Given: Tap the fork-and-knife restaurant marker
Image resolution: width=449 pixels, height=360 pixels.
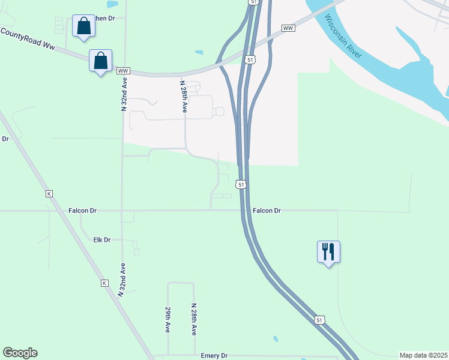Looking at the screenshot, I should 328,251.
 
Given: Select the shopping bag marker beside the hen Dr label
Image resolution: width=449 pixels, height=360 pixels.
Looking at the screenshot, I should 83,26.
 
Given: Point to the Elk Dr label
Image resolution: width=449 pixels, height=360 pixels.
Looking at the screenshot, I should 102,239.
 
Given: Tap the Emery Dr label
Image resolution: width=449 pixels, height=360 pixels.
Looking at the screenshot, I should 214,355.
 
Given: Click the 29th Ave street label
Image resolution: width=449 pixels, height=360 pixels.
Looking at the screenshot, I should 168,321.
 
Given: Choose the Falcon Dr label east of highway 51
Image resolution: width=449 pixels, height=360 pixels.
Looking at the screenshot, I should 267,211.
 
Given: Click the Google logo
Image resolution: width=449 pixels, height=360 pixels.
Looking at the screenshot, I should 20,353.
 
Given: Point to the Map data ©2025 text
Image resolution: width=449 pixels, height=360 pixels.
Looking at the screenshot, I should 423,355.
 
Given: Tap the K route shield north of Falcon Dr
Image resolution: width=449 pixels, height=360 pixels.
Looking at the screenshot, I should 49,194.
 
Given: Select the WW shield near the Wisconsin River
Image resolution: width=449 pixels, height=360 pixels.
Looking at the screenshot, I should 288,28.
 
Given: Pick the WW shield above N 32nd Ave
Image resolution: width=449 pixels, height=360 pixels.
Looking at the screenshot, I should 123,71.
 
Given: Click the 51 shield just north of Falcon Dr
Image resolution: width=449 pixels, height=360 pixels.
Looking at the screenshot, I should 241,185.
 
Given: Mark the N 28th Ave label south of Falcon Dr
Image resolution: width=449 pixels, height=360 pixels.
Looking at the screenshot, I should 194,319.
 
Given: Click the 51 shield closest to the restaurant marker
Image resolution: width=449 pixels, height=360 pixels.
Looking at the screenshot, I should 320,321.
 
